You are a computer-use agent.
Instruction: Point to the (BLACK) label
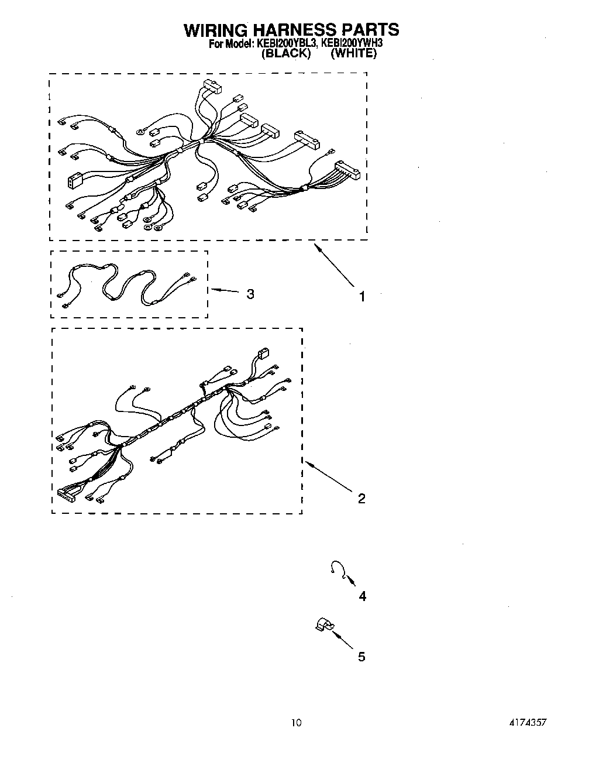(285, 53)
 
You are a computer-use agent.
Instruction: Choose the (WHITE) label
(353, 53)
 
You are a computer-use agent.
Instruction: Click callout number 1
(361, 297)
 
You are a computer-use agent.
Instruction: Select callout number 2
(361, 499)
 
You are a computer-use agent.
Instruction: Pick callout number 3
(250, 294)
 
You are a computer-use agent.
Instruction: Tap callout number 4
(362, 596)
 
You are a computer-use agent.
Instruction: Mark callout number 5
(361, 657)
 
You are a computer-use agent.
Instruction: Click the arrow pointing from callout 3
(225, 290)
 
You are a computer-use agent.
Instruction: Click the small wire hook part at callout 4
(336, 567)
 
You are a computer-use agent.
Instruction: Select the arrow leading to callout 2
(328, 474)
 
